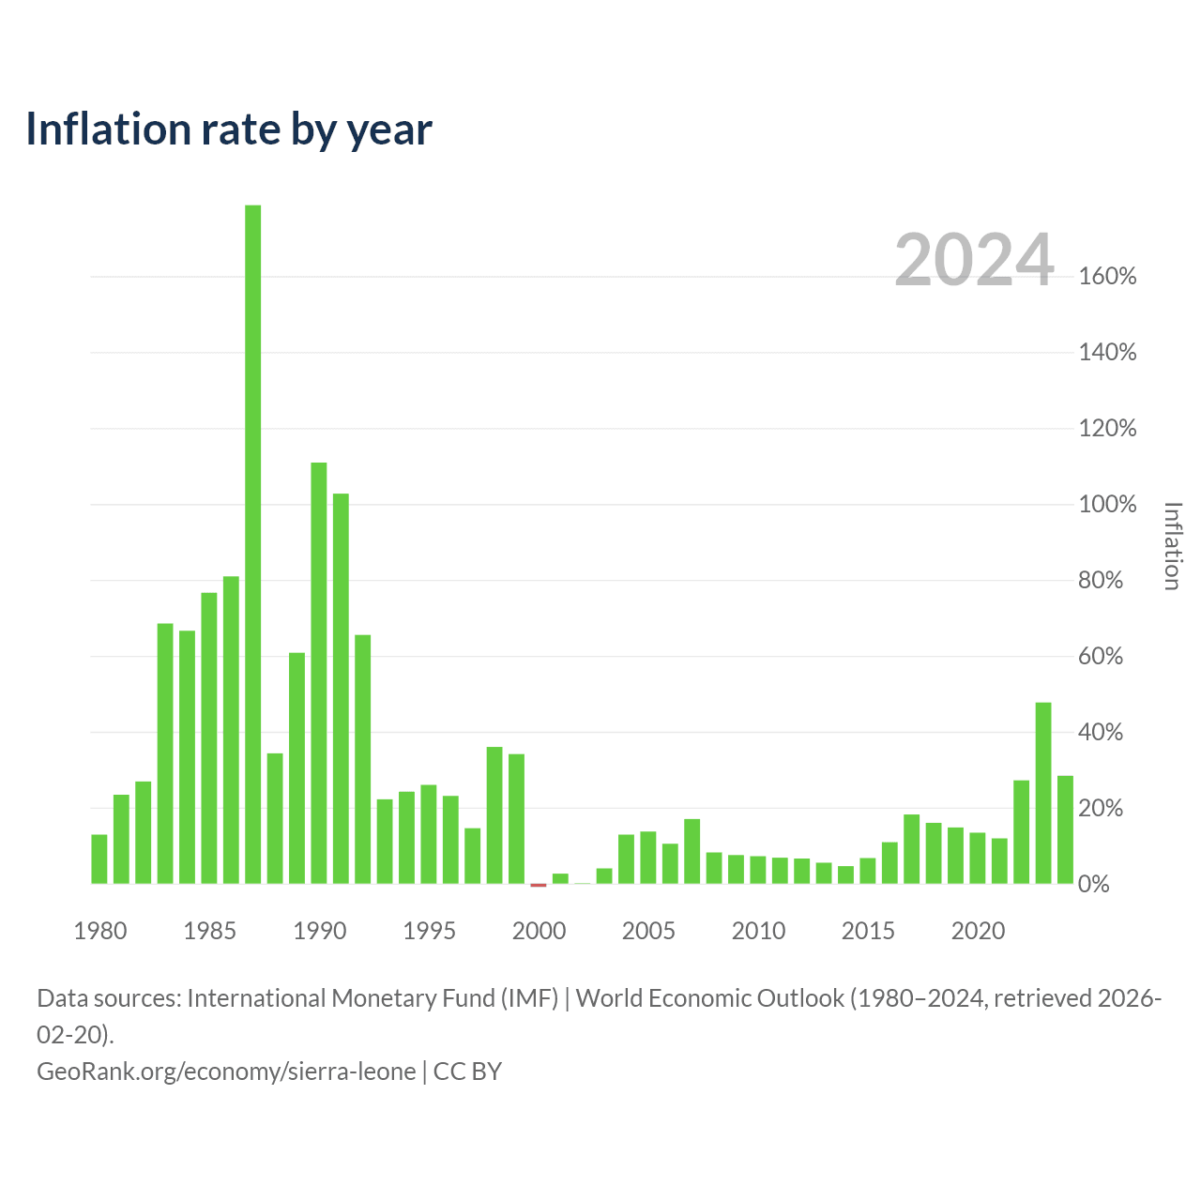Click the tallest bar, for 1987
pos(252,544)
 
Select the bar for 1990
pos(318,673)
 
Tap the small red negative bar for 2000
pos(538,885)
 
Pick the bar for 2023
pos(1042,793)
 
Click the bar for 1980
pos(99,859)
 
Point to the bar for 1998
pos(494,815)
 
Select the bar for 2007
pos(692,851)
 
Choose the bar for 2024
pos(1065,829)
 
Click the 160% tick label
pos(1107,276)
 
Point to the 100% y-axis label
pos(1107,504)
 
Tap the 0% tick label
pos(1093,884)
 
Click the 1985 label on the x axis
pos(209,931)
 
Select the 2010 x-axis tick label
pos(758,931)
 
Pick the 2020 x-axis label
pos(978,931)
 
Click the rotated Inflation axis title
pos(1172,545)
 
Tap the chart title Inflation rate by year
pos(229,129)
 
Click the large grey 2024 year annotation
pos(974,259)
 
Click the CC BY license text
pos(467,1072)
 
